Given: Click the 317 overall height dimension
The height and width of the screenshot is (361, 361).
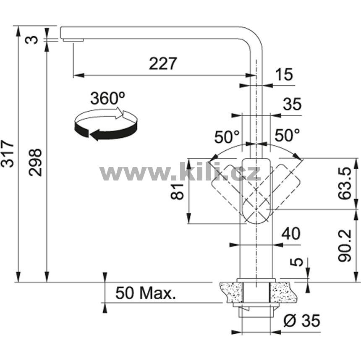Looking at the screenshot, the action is [x=8, y=153].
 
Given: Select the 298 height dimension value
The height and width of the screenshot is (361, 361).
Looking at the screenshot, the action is [x=35, y=162].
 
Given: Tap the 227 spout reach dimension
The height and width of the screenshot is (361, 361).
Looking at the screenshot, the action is [x=163, y=63].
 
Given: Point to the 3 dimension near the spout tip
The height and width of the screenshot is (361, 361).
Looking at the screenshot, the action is [x=31, y=39].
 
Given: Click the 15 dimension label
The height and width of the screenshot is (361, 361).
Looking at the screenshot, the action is [x=285, y=74].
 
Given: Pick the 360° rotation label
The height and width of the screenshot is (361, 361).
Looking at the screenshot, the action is [x=107, y=98].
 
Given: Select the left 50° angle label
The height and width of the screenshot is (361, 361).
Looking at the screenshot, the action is [x=227, y=137].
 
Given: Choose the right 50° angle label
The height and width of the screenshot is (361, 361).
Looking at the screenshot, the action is [x=287, y=135].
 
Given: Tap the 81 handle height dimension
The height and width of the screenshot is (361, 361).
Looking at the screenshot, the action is [x=178, y=191].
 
